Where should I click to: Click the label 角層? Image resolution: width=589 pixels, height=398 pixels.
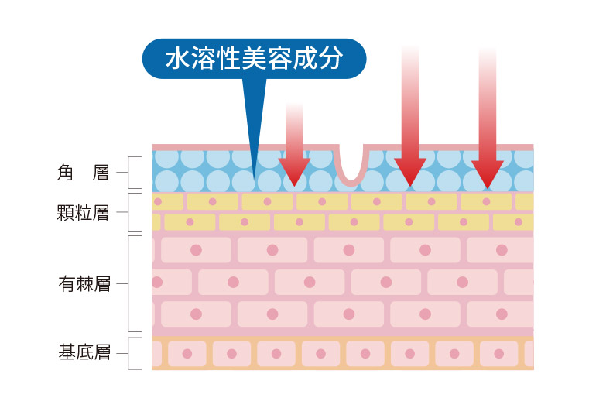pyautogui.click(x=84, y=173)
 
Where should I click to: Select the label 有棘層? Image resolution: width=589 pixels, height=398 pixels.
pyautogui.click(x=84, y=284)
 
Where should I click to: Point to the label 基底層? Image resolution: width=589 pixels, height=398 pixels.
pyautogui.click(x=84, y=354)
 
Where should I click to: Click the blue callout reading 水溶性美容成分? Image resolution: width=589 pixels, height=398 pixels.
pyautogui.click(x=254, y=59)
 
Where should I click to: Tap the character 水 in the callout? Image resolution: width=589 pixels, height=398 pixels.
pyautogui.click(x=178, y=59)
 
